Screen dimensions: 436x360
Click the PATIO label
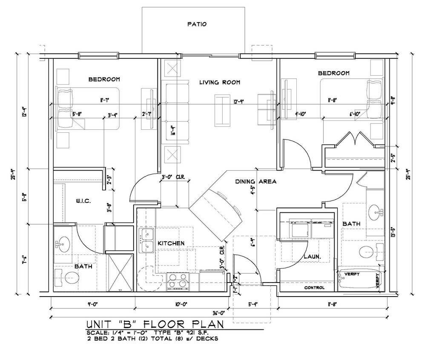tap(197, 24)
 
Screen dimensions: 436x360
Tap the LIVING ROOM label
tap(220, 82)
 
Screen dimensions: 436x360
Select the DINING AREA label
tap(256, 182)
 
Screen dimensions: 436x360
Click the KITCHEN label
tap(171, 243)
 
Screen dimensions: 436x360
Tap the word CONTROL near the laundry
tap(314, 288)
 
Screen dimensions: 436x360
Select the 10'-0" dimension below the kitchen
tap(181, 304)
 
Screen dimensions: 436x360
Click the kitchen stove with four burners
tap(178, 281)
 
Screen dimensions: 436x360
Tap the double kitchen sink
tap(146, 240)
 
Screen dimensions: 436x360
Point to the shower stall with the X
tap(120, 272)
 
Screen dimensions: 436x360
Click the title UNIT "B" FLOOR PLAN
tap(155, 324)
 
